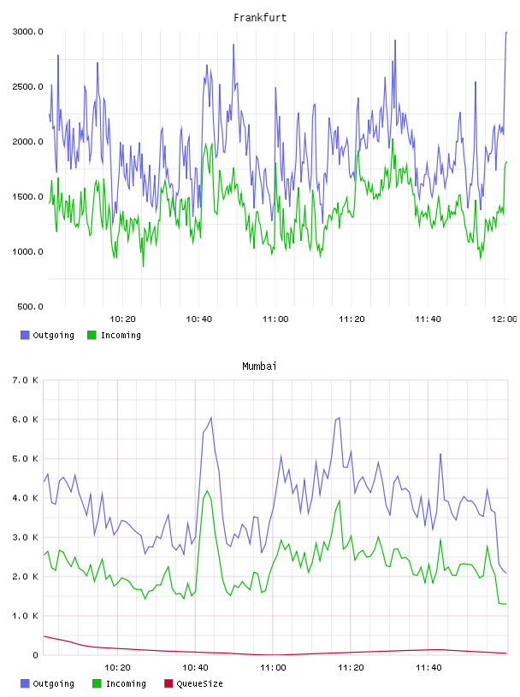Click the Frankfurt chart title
(x=260, y=18)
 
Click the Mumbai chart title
(x=259, y=366)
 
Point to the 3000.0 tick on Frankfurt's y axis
(x=27, y=32)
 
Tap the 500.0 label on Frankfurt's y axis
(x=30, y=307)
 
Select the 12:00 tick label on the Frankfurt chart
(x=504, y=319)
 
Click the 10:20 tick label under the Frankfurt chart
(x=122, y=319)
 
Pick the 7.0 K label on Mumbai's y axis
(x=25, y=380)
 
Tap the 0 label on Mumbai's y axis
(x=36, y=655)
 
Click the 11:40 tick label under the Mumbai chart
(x=428, y=668)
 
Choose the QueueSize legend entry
(x=193, y=683)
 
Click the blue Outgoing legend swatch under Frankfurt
(x=25, y=335)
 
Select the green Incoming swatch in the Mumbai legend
(x=97, y=683)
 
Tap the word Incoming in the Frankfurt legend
(x=121, y=335)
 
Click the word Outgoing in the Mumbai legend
(x=53, y=683)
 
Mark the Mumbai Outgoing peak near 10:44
(x=210, y=418)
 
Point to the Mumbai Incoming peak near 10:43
(x=207, y=491)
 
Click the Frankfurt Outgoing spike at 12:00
(x=506, y=32)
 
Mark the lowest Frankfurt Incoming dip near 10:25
(x=143, y=266)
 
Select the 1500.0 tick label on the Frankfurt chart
(x=27, y=197)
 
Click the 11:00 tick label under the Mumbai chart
(x=273, y=668)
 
